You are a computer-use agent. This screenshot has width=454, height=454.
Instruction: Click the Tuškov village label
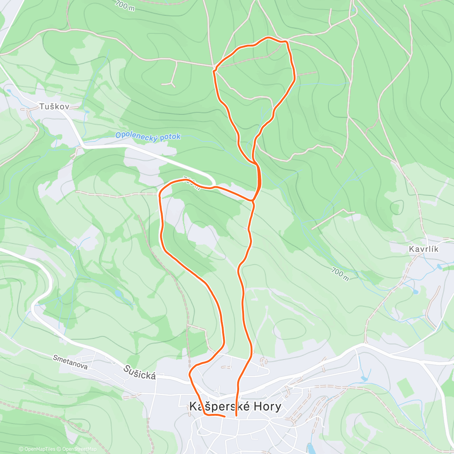[x=54, y=107]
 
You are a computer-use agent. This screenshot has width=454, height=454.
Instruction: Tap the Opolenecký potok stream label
[x=148, y=136]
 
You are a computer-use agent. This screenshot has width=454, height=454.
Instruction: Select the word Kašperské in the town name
[x=216, y=407]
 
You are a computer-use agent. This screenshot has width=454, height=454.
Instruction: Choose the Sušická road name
[x=139, y=373]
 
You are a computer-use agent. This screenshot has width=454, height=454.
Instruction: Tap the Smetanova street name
[x=70, y=362]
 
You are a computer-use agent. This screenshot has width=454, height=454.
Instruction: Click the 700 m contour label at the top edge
[x=125, y=5]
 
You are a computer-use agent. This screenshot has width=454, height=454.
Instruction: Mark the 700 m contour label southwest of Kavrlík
[x=340, y=274]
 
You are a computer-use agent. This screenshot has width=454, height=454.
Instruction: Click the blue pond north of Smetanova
[x=118, y=293]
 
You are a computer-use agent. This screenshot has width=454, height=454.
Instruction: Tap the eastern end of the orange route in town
[x=236, y=415]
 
